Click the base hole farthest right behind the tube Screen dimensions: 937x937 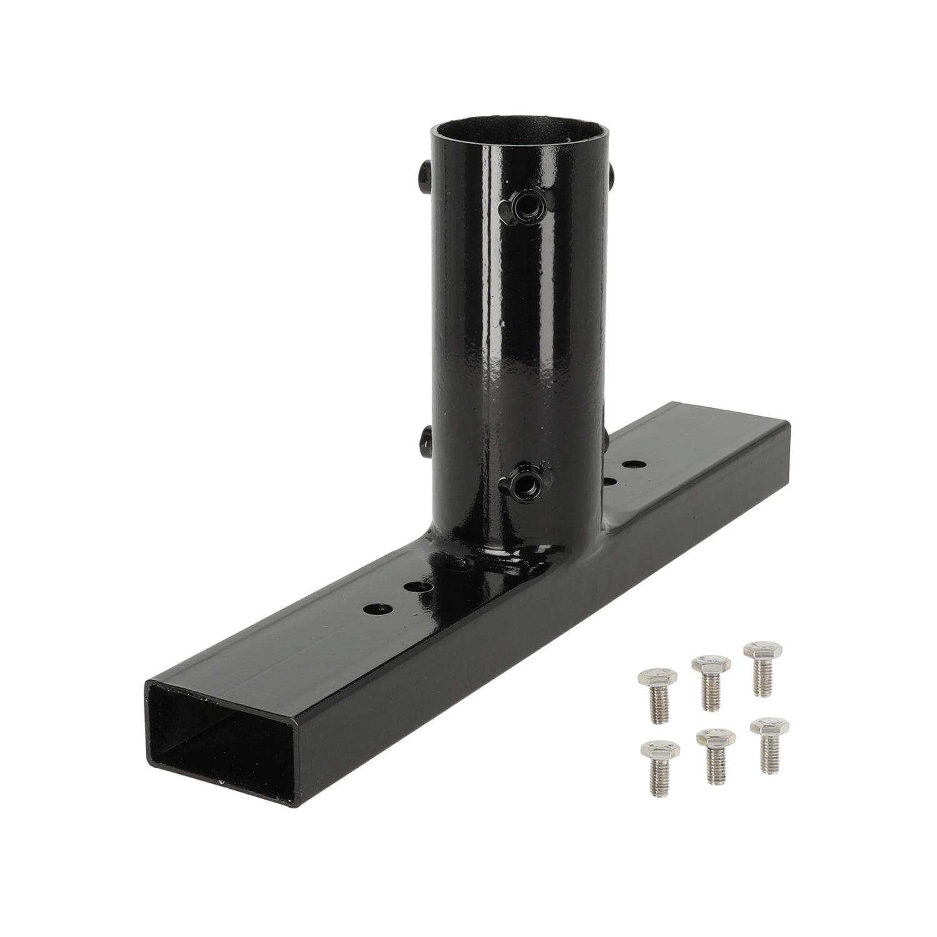click(x=635, y=465)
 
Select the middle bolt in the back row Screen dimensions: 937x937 click(x=710, y=681)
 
